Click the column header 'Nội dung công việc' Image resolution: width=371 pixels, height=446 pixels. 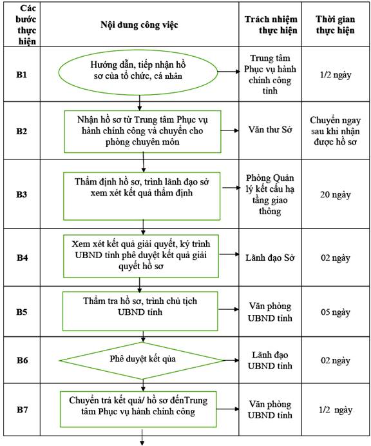(139, 25)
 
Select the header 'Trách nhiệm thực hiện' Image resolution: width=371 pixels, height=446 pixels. (271, 25)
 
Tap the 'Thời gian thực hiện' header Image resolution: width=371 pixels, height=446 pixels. (335, 25)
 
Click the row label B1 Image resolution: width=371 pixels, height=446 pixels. (21, 74)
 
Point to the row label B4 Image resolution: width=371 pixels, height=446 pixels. (22, 258)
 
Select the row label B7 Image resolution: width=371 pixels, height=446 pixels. (22, 410)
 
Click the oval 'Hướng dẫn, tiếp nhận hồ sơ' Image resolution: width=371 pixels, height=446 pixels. (138, 72)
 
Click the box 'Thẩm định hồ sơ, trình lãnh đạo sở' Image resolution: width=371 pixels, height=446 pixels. (142, 196)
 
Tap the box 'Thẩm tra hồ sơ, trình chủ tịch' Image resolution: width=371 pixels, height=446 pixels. (140, 311)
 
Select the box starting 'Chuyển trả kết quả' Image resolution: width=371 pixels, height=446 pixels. (138, 409)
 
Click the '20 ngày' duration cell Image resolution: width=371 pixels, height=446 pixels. (335, 195)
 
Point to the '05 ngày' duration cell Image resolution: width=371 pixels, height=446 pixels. (335, 312)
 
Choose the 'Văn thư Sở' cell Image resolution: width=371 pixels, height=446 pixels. (271, 130)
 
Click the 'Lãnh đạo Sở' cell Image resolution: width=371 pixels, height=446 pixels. (270, 258)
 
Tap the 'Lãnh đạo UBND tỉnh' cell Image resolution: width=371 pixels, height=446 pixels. (270, 360)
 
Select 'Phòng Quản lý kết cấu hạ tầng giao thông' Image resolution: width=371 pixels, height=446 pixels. (270, 194)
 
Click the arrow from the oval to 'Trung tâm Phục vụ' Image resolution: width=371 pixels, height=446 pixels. (229, 72)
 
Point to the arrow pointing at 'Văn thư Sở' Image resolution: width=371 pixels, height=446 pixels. (230, 130)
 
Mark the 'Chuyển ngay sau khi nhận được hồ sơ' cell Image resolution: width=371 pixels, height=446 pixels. (335, 131)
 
